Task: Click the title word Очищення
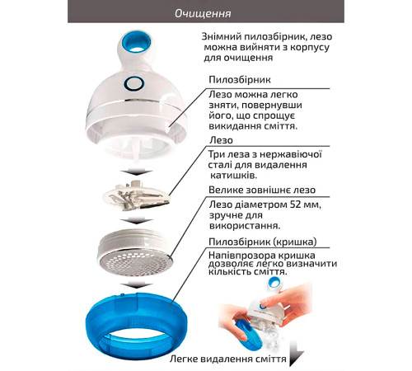[x=203, y=13]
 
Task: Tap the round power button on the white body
[x=133, y=83]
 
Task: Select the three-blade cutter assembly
[x=136, y=195]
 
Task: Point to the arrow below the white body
[x=136, y=172]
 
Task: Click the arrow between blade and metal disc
[x=136, y=220]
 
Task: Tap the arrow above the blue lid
[x=136, y=285]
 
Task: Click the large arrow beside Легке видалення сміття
[x=296, y=354]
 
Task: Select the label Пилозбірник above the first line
[x=240, y=80]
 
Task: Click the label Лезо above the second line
[x=221, y=140]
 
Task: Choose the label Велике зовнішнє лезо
[x=262, y=190]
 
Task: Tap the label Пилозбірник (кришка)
[x=263, y=242]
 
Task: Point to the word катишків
[x=233, y=176]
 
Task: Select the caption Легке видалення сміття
[x=227, y=359]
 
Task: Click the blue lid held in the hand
[x=246, y=334]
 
